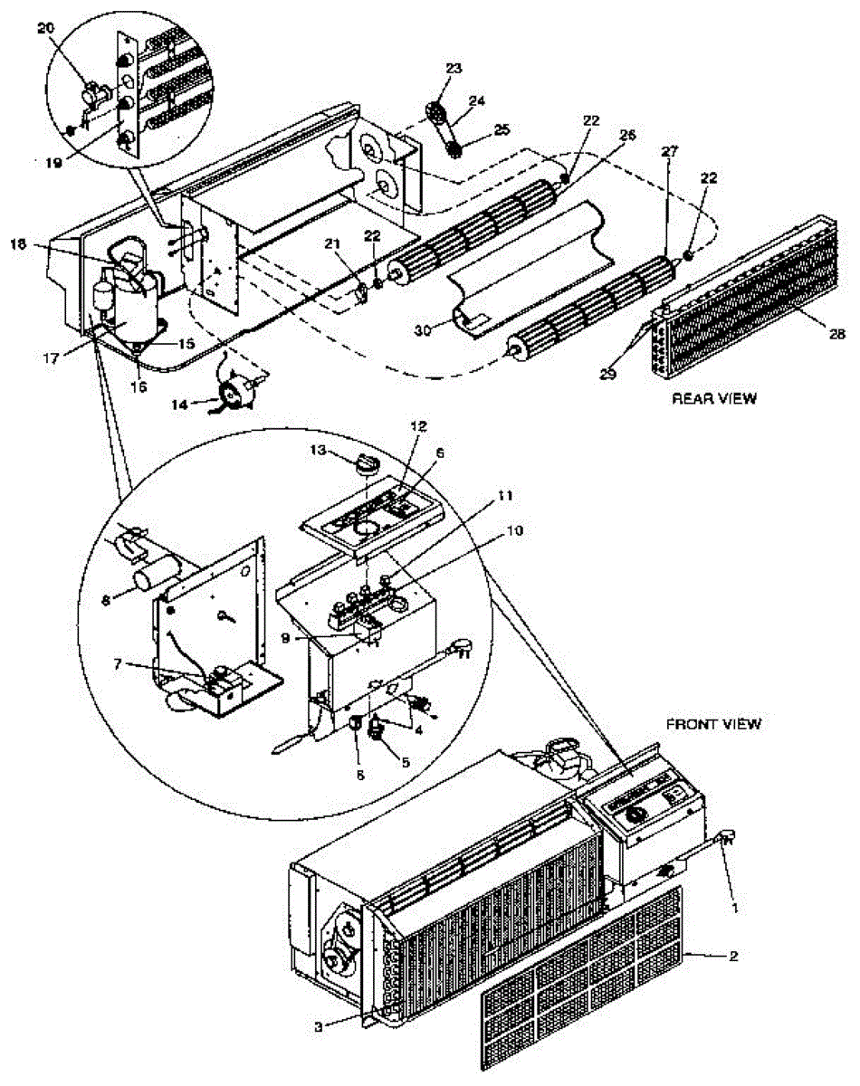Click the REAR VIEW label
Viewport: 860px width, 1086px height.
[713, 398]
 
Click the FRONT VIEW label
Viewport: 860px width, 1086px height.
[713, 723]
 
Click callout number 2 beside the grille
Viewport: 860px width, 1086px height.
[731, 956]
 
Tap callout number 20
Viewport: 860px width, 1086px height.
[46, 28]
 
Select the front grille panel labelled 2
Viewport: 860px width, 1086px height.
[579, 977]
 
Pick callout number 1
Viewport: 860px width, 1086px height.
[736, 905]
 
